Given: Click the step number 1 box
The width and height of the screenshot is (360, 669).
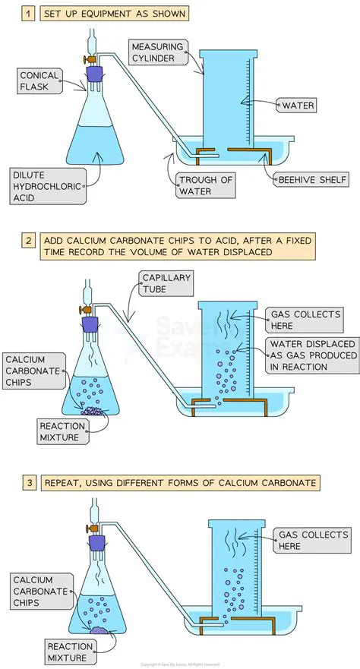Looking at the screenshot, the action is pyautogui.click(x=28, y=14).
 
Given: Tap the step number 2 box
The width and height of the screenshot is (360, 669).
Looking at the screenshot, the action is pyautogui.click(x=28, y=241).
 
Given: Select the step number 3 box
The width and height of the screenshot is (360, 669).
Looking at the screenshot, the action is pyautogui.click(x=29, y=483).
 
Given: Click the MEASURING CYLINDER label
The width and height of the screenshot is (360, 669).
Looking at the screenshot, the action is pyautogui.click(x=157, y=53).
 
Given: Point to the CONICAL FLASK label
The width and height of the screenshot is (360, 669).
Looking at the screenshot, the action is pyautogui.click(x=39, y=81).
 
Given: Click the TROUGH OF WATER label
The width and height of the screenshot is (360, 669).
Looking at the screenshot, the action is pyautogui.click(x=205, y=185).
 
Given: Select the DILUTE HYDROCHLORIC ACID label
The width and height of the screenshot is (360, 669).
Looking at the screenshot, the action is pyautogui.click(x=47, y=187).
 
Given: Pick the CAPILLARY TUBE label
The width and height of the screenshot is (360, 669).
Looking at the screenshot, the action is pyautogui.click(x=166, y=283).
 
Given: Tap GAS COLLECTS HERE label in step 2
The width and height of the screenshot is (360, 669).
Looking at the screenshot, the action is pyautogui.click(x=305, y=320).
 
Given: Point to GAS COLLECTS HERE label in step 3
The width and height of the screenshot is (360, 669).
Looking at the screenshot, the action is pyautogui.click(x=313, y=541).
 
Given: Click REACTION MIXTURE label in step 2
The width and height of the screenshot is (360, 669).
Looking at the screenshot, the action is pyautogui.click(x=63, y=432).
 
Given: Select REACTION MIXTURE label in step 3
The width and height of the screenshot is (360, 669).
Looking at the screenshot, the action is pyautogui.click(x=71, y=652).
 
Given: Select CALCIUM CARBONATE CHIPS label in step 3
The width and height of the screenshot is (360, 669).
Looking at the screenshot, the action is pyautogui.click(x=39, y=591).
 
